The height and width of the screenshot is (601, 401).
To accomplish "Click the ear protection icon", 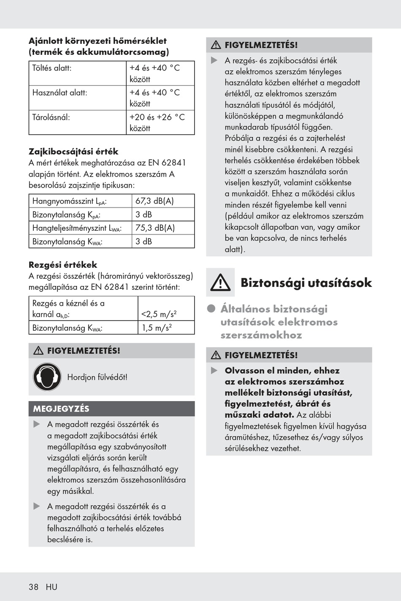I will (x=47, y=377).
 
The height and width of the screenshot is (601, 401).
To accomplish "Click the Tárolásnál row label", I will (x=51, y=117).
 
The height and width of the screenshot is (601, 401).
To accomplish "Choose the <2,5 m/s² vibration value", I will (x=159, y=314).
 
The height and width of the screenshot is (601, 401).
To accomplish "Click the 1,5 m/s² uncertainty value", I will (x=157, y=328).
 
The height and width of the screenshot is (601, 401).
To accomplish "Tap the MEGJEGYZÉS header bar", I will (x=111, y=409).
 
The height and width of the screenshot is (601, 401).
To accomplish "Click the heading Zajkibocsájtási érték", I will (x=73, y=151).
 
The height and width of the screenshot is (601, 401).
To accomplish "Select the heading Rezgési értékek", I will (x=63, y=265).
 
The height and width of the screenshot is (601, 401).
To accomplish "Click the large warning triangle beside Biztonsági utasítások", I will (x=220, y=283).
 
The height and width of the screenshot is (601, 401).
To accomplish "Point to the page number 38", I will (x=33, y=587).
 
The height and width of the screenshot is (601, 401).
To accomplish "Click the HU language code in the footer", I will (x=51, y=587).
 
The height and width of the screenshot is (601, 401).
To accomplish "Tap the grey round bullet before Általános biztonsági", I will (x=211, y=309).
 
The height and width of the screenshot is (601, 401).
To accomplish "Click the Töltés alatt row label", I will (x=52, y=68).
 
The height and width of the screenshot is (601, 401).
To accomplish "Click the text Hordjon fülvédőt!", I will (x=97, y=377).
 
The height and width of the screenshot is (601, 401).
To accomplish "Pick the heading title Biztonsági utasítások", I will (x=306, y=283).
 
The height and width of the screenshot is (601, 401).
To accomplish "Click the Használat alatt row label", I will (x=60, y=92).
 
